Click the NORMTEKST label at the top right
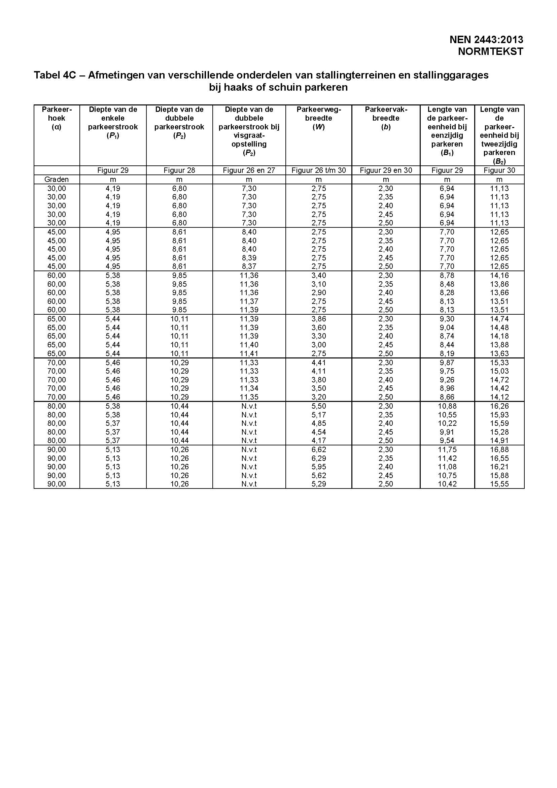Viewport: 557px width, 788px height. pos(490,52)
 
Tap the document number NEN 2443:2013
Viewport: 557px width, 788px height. pos(486,40)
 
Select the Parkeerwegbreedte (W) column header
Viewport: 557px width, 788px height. pos(319,118)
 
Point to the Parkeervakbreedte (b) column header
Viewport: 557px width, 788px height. pos(386,118)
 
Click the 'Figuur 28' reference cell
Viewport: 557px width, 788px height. pos(179,170)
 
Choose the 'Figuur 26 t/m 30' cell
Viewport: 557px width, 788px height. pos(319,170)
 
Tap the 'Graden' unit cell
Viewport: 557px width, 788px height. pos(57,179)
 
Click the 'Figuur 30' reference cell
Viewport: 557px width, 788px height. pos(499,170)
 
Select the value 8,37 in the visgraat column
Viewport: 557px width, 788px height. pos(249,266)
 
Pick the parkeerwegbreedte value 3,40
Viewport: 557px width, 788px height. pos(319,275)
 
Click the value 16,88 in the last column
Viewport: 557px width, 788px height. pos(499,449)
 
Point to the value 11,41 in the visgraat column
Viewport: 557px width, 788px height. pos(249,353)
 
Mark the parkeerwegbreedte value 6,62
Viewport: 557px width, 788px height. pos(319,449)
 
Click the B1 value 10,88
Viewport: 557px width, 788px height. pos(447,406)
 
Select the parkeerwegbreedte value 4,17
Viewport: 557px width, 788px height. pos(319,441)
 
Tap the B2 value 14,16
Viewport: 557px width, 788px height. pos(499,275)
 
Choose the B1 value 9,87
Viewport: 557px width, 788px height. pos(447,363)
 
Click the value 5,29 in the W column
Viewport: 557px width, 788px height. pos(319,484)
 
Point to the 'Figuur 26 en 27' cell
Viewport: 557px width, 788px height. pos(249,170)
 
